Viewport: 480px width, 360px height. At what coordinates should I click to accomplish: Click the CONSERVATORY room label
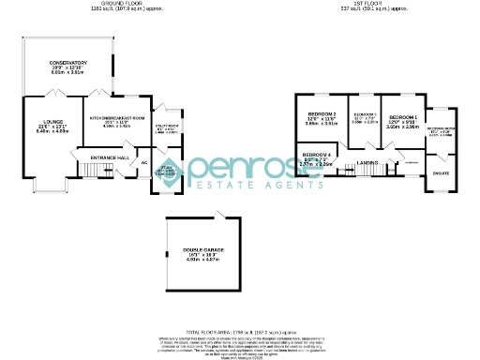68,62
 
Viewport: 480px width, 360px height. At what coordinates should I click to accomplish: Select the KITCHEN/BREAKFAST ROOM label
116,117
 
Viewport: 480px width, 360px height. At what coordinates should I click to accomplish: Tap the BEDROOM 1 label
403,117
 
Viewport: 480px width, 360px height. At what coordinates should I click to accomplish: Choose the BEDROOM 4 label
317,154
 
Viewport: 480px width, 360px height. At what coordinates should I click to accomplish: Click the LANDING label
367,162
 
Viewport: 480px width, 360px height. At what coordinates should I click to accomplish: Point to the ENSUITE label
440,172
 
